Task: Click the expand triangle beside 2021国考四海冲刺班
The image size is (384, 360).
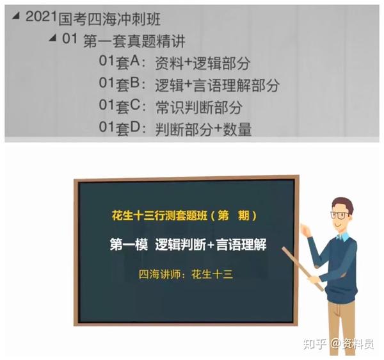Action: (x=16, y=16)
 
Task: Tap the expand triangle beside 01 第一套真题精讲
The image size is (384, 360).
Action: (x=52, y=38)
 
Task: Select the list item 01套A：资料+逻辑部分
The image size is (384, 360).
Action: (x=174, y=63)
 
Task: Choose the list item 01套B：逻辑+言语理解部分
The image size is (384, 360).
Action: (x=189, y=85)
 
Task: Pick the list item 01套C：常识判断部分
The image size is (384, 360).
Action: (x=171, y=106)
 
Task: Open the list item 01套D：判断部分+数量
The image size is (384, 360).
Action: (x=175, y=129)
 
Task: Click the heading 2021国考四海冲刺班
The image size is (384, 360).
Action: (x=93, y=18)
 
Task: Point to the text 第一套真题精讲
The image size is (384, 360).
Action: (x=134, y=41)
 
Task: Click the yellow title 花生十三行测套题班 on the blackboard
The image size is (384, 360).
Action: (x=159, y=216)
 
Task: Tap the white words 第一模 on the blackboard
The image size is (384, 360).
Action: (x=129, y=244)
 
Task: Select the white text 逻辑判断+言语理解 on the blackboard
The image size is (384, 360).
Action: (x=211, y=244)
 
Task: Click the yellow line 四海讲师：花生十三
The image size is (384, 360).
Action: (x=186, y=274)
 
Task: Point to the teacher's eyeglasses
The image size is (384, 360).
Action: (x=340, y=215)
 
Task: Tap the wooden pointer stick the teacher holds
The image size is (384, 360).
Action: (x=303, y=269)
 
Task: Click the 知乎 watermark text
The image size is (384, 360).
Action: (x=315, y=344)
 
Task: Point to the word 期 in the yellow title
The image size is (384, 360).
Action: (x=243, y=216)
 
